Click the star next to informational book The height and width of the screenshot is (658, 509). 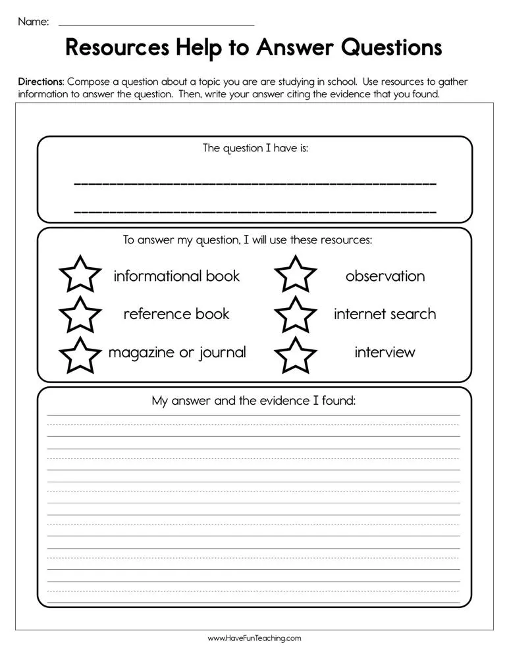tap(80, 276)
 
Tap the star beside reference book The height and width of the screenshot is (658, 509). tap(80, 315)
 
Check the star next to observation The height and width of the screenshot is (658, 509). tap(296, 276)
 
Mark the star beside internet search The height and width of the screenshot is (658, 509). tap(296, 315)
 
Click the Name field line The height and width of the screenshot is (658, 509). tap(156, 24)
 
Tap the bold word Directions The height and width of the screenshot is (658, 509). tap(41, 82)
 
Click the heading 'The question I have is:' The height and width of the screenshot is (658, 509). tap(255, 148)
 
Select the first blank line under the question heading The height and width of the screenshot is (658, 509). tap(255, 184)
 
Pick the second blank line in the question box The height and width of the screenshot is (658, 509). tap(255, 212)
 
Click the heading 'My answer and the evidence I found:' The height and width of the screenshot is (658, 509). tap(254, 400)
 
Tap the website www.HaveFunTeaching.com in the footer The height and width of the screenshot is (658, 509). tap(254, 638)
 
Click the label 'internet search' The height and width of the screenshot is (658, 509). tap(385, 314)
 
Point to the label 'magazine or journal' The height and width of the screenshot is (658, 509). tap(176, 353)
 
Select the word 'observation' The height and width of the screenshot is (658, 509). tap(385, 276)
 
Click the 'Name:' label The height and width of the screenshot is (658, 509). tap(33, 22)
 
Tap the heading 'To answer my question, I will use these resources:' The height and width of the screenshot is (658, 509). tap(248, 240)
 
